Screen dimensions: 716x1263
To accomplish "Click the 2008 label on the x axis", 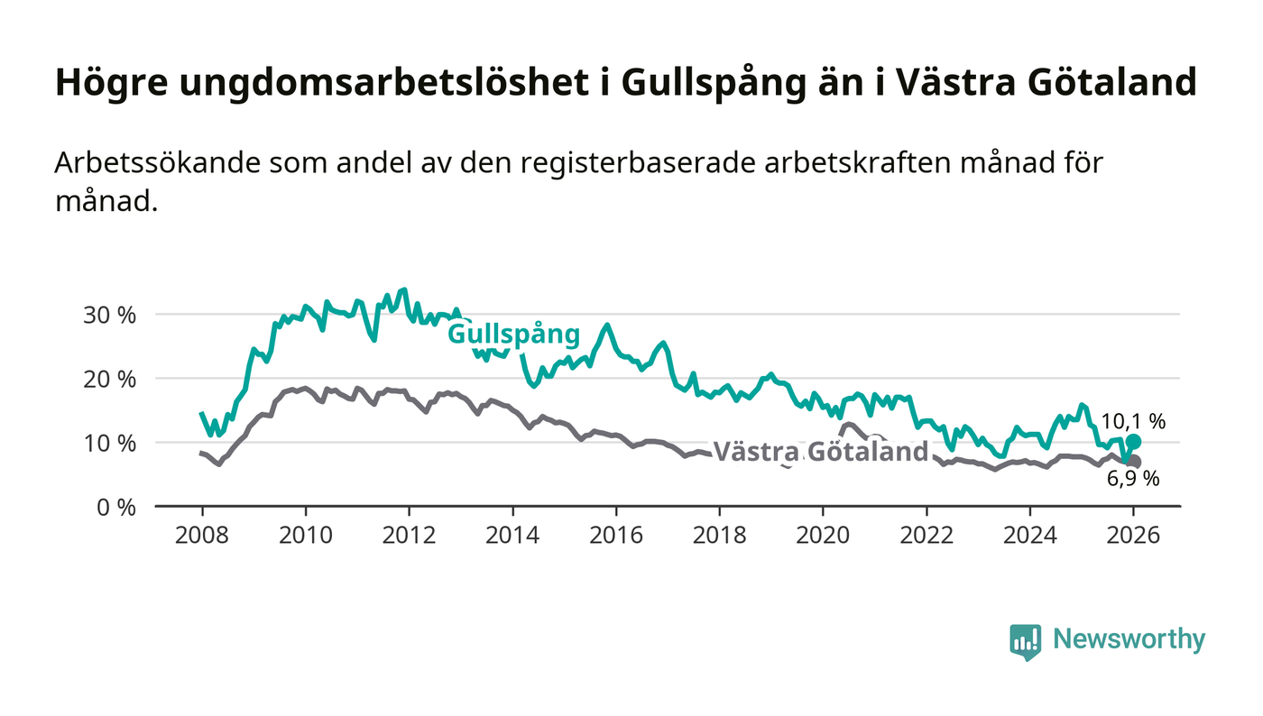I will [202, 534].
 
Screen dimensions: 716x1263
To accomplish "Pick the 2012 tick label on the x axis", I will [409, 534].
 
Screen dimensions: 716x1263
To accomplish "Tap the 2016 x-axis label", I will [615, 534].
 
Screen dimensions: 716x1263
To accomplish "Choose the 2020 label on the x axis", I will [822, 534].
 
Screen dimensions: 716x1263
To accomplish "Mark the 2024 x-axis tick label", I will [1029, 534].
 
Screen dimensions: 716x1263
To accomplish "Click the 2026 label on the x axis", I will [1133, 534].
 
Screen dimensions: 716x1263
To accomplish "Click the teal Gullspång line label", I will [513, 335].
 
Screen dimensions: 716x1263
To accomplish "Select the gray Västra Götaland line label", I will [821, 452].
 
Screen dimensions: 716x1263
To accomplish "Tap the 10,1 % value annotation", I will [1133, 421].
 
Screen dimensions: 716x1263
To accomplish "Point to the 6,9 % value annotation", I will [1133, 479].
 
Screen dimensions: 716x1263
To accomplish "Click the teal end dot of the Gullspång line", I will [1134, 442].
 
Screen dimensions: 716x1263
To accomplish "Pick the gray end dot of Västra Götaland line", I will [1134, 462].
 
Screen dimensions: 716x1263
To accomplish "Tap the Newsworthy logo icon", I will [1025, 641].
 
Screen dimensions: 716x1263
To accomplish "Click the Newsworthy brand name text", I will [1129, 639].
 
